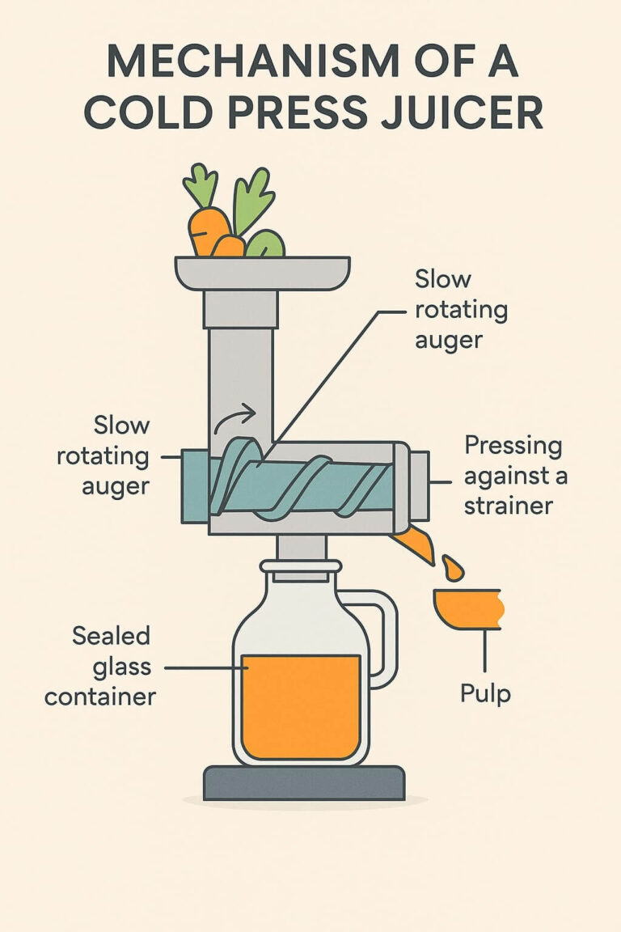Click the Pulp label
[485, 693]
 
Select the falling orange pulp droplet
[453, 568]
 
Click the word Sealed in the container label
[112, 636]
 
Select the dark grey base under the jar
[303, 782]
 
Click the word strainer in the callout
[508, 506]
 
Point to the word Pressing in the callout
[513, 446]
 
